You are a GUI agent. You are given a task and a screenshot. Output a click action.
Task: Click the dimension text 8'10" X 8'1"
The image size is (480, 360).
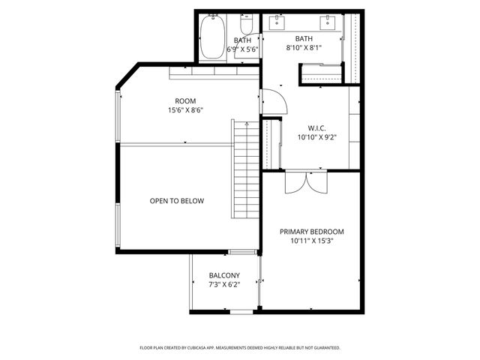(304, 48)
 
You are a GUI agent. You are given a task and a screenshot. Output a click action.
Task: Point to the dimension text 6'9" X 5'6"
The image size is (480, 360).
(242, 49)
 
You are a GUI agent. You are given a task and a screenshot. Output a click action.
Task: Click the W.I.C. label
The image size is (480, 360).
(317, 127)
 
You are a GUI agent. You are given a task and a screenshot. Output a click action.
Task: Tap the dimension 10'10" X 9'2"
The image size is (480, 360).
(317, 137)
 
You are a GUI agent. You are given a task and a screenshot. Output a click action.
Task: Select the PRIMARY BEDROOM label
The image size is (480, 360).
(311, 232)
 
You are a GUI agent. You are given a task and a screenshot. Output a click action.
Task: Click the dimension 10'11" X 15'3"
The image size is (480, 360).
(311, 241)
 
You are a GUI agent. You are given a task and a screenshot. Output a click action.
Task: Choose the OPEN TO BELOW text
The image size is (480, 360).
(176, 201)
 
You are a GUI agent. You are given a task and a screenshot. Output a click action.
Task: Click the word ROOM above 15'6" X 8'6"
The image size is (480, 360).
(185, 101)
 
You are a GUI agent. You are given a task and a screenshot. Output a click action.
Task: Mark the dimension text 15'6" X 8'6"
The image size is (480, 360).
(185, 110)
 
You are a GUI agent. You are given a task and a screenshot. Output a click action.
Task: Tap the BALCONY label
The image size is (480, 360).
(224, 275)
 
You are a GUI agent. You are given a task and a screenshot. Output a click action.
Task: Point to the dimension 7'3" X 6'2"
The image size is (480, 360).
(224, 284)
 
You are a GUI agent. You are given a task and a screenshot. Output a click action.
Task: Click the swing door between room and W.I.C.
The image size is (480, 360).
(271, 103)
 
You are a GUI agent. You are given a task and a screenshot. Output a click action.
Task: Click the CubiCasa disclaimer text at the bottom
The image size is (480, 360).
(240, 348)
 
